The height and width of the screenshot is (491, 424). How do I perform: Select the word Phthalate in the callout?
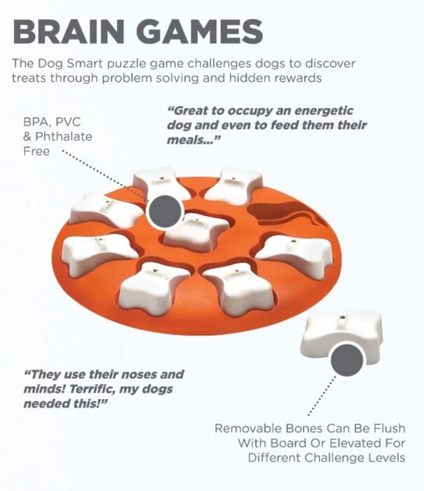64,137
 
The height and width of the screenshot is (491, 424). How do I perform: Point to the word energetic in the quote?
324,111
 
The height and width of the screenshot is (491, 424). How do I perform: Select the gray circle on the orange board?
165,211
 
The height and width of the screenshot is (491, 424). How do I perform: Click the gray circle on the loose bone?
347,359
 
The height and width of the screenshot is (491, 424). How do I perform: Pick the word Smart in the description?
86,64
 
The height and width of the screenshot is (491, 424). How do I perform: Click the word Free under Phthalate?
36,152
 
